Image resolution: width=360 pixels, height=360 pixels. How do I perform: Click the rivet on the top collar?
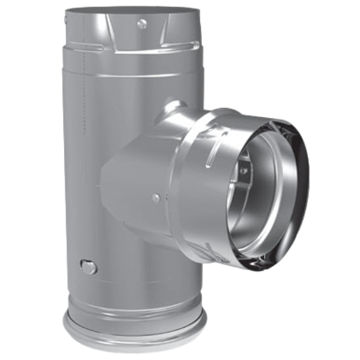click(x=142, y=24)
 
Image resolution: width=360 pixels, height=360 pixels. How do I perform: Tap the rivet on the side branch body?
click(x=156, y=199)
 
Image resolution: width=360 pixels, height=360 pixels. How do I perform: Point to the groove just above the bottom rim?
click(x=135, y=307)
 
